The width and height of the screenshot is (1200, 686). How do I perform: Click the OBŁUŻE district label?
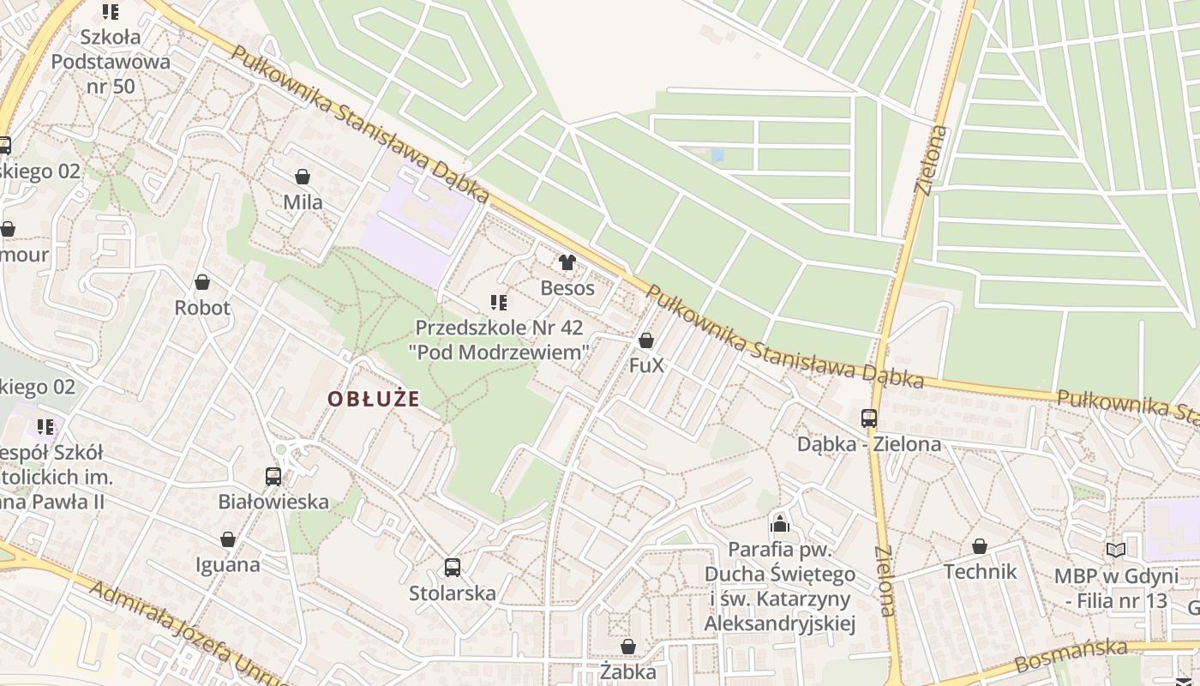[x=374, y=399]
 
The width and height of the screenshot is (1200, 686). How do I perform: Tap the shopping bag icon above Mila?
[x=303, y=177]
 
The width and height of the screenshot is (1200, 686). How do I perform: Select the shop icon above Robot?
[x=202, y=282]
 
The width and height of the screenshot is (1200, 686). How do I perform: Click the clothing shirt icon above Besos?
[x=567, y=262]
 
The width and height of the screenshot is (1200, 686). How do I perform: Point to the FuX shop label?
[x=646, y=365]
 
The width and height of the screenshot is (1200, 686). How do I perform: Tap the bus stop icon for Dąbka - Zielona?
[x=869, y=418]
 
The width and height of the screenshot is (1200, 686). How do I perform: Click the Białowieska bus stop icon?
[x=273, y=477]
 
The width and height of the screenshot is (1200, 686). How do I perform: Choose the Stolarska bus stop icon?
[x=452, y=568]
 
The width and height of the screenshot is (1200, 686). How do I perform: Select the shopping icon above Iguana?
[x=228, y=539]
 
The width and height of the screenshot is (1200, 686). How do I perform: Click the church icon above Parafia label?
[x=779, y=523]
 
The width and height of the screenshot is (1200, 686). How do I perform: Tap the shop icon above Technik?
[x=980, y=546]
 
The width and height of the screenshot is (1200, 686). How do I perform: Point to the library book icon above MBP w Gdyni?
[x=1115, y=551]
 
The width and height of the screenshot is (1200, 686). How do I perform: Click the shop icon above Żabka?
[x=628, y=647]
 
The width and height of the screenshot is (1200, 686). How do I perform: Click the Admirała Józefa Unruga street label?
[x=189, y=633]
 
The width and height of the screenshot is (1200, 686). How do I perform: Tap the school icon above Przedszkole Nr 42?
[x=498, y=302]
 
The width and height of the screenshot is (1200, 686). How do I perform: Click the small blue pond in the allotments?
[x=717, y=155]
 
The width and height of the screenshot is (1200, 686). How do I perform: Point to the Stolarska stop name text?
[x=453, y=593]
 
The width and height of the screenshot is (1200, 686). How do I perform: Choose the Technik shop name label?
[x=980, y=572]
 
